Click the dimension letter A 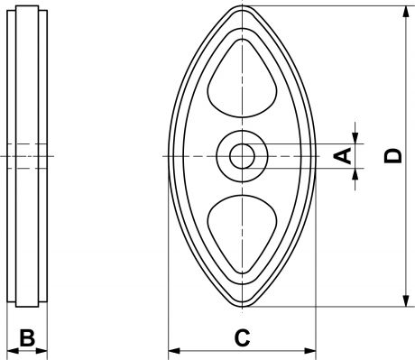point(343,156)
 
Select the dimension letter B point(27,337)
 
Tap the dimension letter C point(242,337)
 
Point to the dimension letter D point(393,156)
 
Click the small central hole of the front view point(242,156)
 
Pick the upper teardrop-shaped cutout point(242,78)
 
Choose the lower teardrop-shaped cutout point(242,234)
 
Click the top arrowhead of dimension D point(406,12)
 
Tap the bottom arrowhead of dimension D point(406,300)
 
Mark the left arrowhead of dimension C point(174,351)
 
